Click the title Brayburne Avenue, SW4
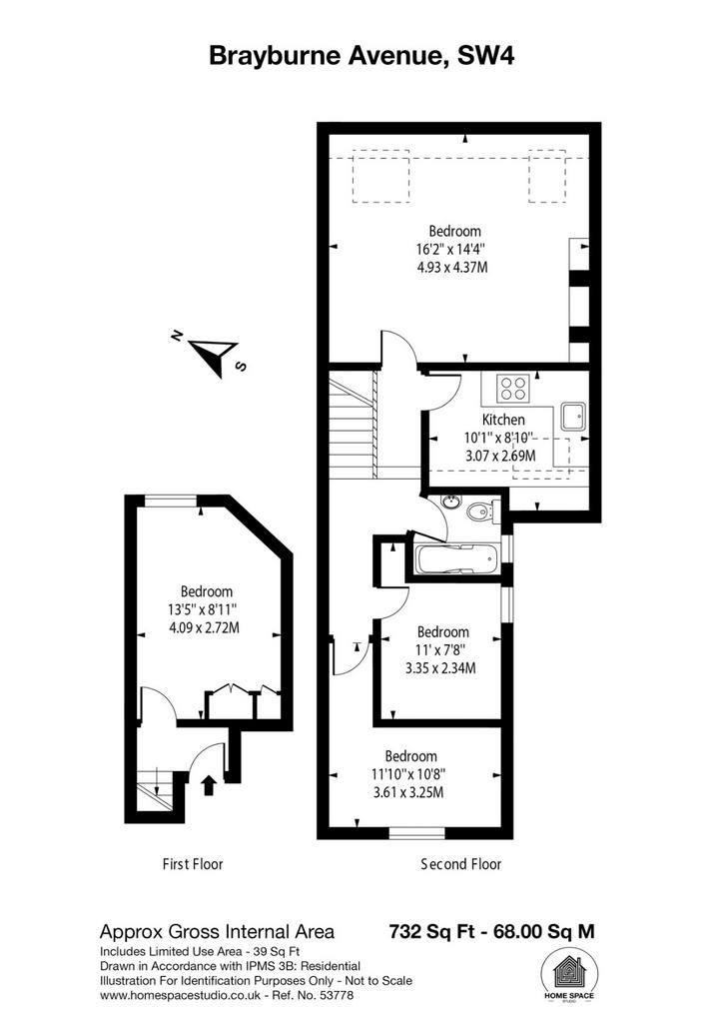[361, 56]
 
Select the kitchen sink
[573, 416]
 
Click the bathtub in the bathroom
[456, 559]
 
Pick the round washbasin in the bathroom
[450, 502]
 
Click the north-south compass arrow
[213, 355]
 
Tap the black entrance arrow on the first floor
[208, 784]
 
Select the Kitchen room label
[503, 420]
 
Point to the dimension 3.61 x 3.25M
[407, 792]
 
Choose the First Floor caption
[193, 864]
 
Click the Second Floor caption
[461, 864]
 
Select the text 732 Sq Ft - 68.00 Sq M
[491, 932]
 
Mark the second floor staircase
[354, 424]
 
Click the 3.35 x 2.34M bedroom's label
[443, 631]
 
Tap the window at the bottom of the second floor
[417, 833]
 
